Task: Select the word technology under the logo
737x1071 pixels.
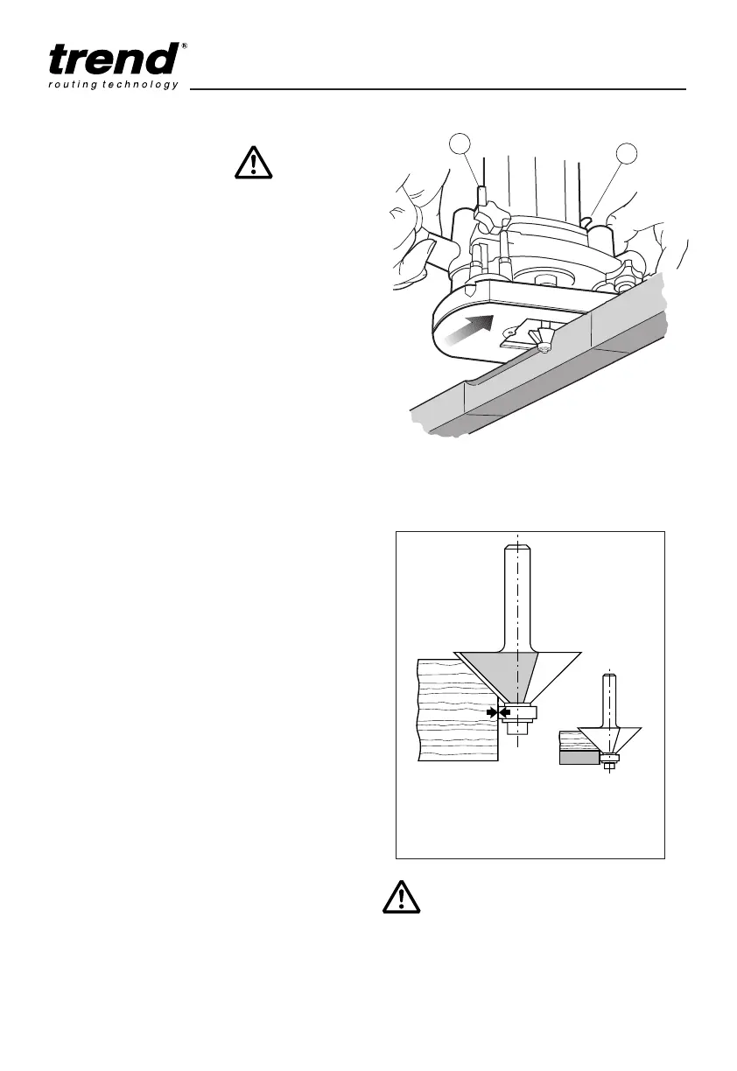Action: [x=141, y=85]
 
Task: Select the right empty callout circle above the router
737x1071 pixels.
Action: [x=628, y=154]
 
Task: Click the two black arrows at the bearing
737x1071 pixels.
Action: [x=498, y=712]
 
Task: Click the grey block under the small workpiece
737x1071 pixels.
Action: [x=579, y=759]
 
